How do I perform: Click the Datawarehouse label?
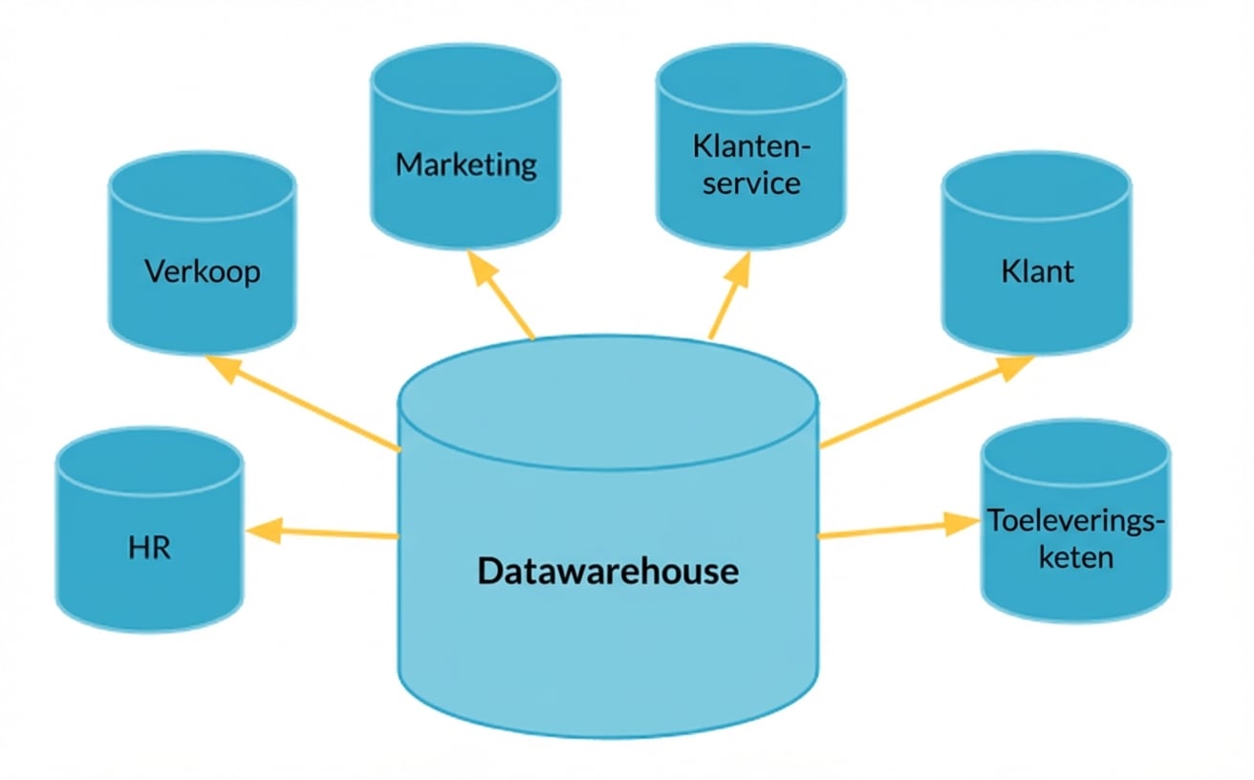point(608,572)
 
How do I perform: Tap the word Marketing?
point(466,163)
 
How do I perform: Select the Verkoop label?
point(203,271)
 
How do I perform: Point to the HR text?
point(148,550)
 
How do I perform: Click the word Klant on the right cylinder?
point(1037,271)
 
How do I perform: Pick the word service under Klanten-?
point(751,183)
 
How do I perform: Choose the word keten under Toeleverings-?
point(1076,556)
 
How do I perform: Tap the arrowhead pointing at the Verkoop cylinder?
point(223,367)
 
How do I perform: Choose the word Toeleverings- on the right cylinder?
point(1076,522)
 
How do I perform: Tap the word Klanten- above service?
point(751,148)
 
